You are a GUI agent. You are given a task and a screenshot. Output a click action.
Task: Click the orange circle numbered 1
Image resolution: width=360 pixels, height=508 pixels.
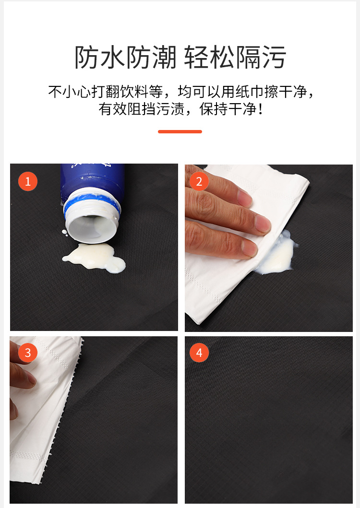(x=28, y=181)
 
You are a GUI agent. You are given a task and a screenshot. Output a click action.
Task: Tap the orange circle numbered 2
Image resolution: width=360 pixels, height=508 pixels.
(x=199, y=181)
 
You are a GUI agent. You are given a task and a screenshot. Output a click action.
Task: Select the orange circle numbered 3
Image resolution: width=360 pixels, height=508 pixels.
(x=28, y=353)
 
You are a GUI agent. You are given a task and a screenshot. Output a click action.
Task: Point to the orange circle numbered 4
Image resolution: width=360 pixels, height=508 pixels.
(x=199, y=353)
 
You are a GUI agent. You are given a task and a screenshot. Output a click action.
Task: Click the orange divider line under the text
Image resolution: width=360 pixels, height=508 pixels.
(x=180, y=131)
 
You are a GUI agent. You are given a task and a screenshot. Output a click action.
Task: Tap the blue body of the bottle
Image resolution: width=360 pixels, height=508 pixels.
(x=93, y=181)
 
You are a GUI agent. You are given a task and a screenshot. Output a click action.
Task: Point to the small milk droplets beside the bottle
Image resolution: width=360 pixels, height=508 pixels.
(x=64, y=232)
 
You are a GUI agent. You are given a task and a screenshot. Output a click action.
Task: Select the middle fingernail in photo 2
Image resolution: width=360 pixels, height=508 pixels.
(x=263, y=223)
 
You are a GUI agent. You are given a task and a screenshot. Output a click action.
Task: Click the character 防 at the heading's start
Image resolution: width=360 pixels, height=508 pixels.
(x=87, y=58)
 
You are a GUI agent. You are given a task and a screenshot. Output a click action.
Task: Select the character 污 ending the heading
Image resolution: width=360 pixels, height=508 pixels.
(x=274, y=58)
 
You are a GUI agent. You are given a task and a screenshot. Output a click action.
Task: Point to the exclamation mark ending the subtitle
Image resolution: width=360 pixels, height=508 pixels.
(x=260, y=109)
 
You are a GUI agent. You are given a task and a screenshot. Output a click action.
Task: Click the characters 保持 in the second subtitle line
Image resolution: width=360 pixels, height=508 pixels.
(x=214, y=109)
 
